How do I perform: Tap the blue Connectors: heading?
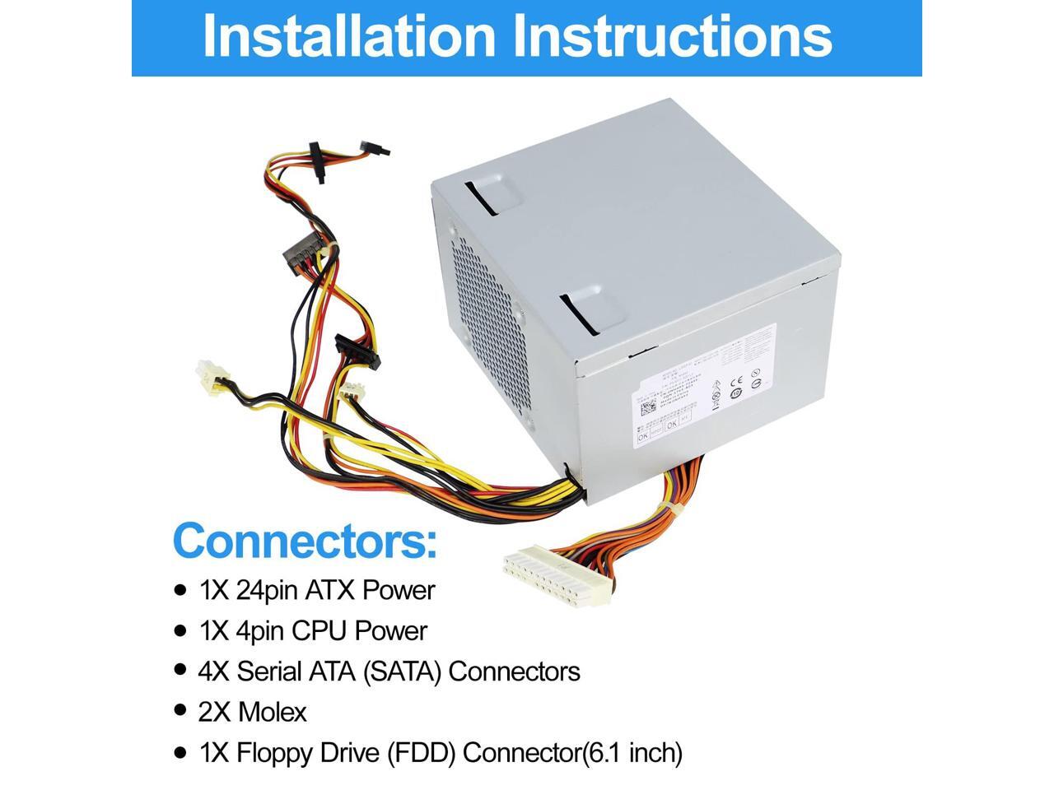[x=305, y=541]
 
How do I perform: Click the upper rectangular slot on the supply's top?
[x=492, y=194]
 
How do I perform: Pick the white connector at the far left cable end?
[x=206, y=375]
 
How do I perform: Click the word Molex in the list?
[x=272, y=711]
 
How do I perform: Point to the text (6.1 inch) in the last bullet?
[x=633, y=751]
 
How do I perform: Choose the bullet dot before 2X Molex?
[x=180, y=711]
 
